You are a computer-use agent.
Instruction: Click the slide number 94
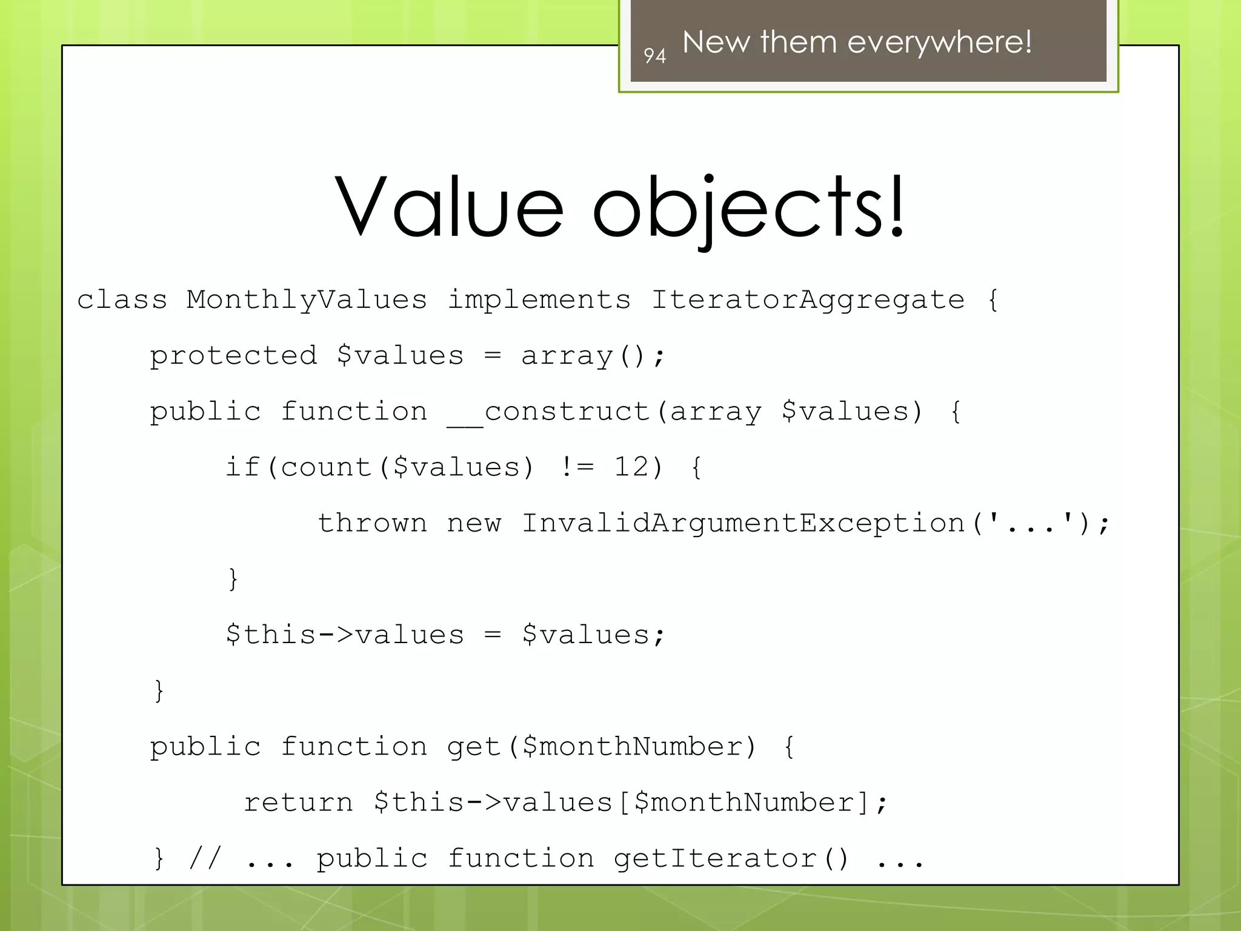coord(654,56)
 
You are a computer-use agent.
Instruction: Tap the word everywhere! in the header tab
coord(939,42)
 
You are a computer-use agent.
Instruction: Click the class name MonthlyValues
coord(307,299)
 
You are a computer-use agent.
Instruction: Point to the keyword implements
coord(539,299)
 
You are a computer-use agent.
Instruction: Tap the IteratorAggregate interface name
coord(807,299)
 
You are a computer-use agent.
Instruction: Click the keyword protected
coord(233,355)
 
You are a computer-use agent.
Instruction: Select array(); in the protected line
coord(593,355)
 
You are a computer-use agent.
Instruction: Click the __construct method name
coord(548,412)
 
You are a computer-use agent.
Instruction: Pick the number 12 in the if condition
coord(631,467)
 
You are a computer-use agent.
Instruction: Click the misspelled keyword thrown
coord(372,523)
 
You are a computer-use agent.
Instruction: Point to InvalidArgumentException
coord(743,523)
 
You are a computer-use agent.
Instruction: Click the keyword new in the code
coord(474,523)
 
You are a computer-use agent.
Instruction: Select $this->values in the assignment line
coord(344,635)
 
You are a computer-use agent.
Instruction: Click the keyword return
coord(298,803)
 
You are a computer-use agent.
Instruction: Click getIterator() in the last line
coord(731,858)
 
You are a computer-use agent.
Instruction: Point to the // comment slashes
coord(205,858)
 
